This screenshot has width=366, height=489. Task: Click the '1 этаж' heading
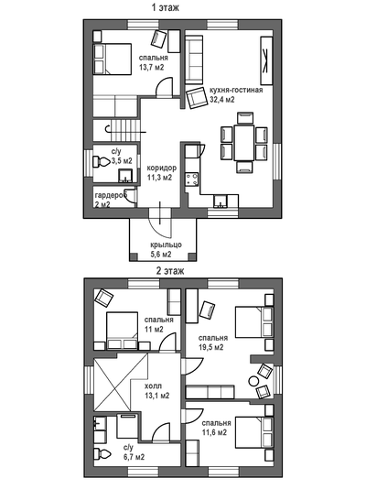click(166, 7)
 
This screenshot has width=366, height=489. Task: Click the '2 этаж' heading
click(170, 271)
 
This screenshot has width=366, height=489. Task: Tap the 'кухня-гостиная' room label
click(236, 90)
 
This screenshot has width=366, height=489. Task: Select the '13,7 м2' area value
click(151, 67)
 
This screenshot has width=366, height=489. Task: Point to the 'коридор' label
click(162, 168)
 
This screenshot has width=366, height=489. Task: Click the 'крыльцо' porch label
click(166, 244)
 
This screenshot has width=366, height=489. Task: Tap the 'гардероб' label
click(112, 196)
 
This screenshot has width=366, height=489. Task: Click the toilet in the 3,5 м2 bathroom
click(101, 161)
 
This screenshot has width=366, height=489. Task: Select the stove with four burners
click(191, 179)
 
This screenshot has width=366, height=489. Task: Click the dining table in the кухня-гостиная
click(244, 142)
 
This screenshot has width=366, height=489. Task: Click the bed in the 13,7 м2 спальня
click(113, 60)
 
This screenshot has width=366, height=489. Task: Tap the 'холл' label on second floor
click(153, 386)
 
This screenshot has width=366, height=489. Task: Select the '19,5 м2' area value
click(210, 347)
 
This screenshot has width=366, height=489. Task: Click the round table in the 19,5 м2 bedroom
click(253, 382)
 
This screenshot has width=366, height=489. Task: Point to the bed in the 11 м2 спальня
click(122, 331)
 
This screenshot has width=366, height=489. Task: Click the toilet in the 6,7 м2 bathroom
click(102, 454)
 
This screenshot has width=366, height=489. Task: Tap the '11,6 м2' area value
click(214, 432)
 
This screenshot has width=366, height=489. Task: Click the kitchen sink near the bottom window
click(221, 201)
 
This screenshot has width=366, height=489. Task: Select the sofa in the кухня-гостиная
click(194, 60)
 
